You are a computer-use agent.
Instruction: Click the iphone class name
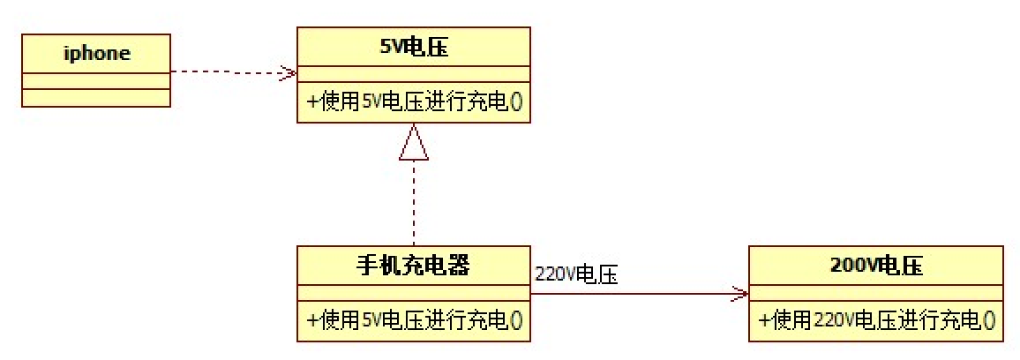pyautogui.click(x=96, y=53)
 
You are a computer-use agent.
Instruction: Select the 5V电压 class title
pyautogui.click(x=414, y=48)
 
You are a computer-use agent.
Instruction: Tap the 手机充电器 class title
pyautogui.click(x=414, y=266)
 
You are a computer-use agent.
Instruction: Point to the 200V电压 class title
pyautogui.click(x=875, y=266)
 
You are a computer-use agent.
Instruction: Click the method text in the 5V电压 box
pyautogui.click(x=414, y=102)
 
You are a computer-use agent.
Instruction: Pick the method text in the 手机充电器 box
pyautogui.click(x=414, y=321)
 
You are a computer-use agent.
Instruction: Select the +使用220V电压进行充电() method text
pyautogui.click(x=875, y=321)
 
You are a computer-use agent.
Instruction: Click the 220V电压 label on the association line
pyautogui.click(x=575, y=274)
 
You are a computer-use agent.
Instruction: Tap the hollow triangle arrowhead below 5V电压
pyautogui.click(x=414, y=143)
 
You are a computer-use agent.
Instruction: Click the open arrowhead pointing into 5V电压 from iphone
pyautogui.click(x=288, y=72)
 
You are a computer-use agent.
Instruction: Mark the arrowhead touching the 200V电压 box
pyautogui.click(x=739, y=294)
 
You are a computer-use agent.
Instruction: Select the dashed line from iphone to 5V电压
pyautogui.click(x=229, y=72)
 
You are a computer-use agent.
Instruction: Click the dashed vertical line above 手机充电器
pyautogui.click(x=414, y=203)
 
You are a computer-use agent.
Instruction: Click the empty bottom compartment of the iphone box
pyautogui.click(x=96, y=98)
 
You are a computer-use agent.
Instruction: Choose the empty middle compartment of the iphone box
pyautogui.click(x=96, y=80)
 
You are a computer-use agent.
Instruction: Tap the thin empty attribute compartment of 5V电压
pyautogui.click(x=414, y=75)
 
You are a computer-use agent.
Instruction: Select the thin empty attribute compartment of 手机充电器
pyautogui.click(x=414, y=294)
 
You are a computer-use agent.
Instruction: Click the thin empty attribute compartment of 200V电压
pyautogui.click(x=875, y=294)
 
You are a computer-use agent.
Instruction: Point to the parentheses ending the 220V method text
pyautogui.click(x=989, y=321)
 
